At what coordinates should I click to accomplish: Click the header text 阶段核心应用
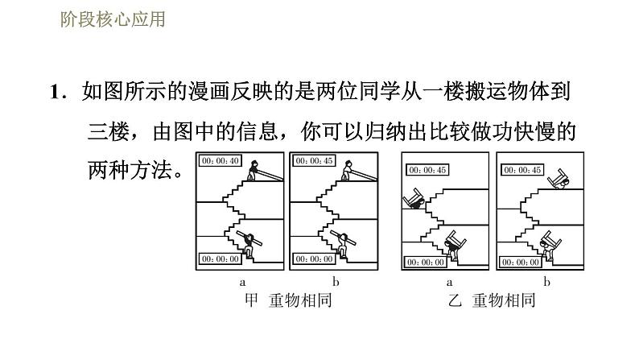tap(113, 18)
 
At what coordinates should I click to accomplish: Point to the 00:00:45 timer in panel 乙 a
tap(427, 170)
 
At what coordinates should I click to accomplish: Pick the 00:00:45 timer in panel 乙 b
tap(521, 170)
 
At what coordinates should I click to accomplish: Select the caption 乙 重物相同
tap(492, 301)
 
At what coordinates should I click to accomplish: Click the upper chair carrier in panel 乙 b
tap(554, 177)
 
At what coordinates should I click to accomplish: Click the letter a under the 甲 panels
tap(241, 283)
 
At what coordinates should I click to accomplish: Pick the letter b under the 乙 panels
tap(546, 283)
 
